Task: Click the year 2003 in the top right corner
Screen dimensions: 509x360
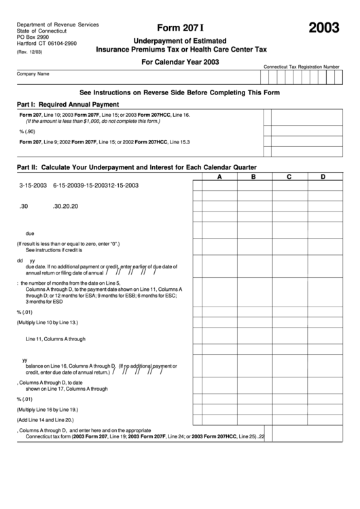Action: coord(324,28)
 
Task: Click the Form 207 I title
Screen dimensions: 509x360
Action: coord(180,28)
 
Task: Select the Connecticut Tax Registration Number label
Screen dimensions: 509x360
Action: coord(301,67)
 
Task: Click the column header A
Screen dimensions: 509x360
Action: coord(219,177)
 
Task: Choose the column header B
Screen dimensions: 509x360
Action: coord(253,177)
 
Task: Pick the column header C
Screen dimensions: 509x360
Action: coord(289,177)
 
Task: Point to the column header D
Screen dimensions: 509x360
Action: coord(323,177)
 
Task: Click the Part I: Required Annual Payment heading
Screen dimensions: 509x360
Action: coord(68,104)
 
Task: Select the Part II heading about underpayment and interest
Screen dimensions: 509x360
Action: coord(136,166)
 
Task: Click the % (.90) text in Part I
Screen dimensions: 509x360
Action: coord(26,130)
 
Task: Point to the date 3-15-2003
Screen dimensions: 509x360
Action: coord(33,185)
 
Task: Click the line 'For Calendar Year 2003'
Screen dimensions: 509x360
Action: coord(180,62)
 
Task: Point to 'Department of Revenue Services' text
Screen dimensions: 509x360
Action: coord(58,24)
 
